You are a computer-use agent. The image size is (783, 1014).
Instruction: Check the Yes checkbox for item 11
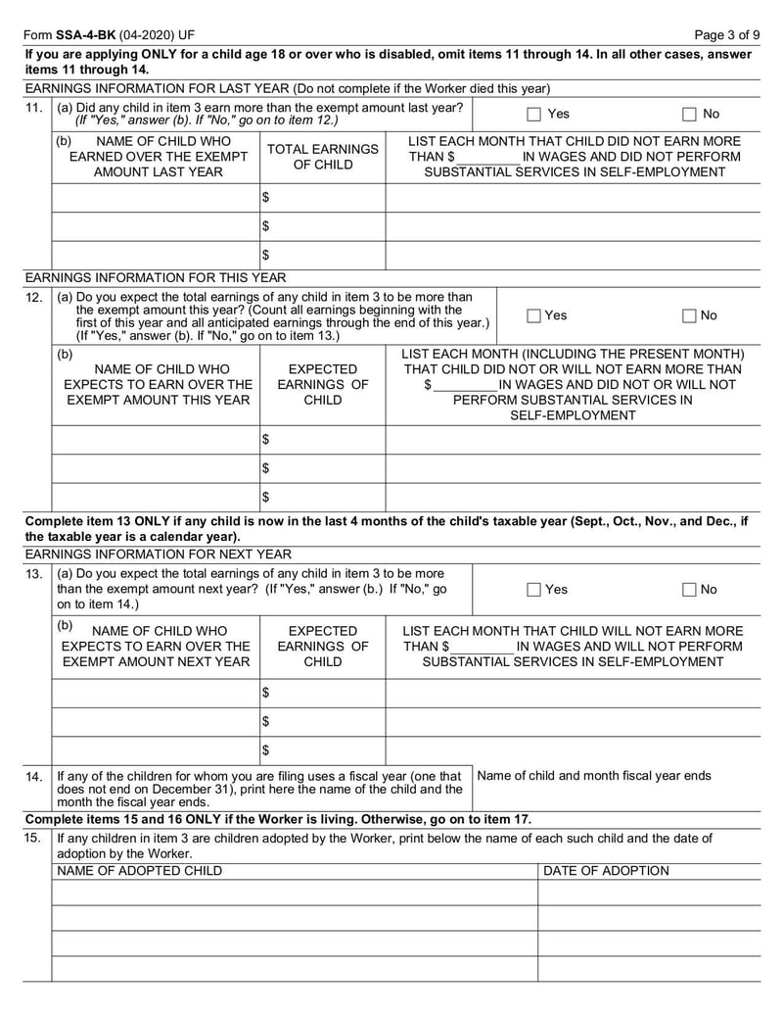pos(533,114)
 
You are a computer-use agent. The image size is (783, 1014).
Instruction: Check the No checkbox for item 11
pos(689,114)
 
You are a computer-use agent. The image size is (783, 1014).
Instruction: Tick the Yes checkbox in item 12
pos(533,315)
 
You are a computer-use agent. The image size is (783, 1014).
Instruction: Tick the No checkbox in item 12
pos(689,315)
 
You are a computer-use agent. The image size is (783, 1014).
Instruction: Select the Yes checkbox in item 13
pos(533,590)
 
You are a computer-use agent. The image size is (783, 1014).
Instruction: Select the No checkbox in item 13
pos(689,590)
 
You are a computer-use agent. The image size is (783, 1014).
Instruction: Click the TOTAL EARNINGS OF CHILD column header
pos(322,157)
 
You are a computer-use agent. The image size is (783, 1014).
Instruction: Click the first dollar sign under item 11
pos(265,198)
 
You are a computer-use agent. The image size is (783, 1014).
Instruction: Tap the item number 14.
pos(34,776)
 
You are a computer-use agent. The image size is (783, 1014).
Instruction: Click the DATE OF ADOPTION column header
pos(606,870)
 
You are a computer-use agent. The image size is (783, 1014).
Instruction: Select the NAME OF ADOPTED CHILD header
pos(139,870)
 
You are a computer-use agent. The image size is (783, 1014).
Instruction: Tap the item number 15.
pos(34,839)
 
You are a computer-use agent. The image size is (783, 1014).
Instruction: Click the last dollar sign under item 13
pos(265,750)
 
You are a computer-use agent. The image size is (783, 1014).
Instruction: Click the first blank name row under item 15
pos(294,893)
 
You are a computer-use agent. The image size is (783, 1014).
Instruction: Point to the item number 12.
pos(34,297)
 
